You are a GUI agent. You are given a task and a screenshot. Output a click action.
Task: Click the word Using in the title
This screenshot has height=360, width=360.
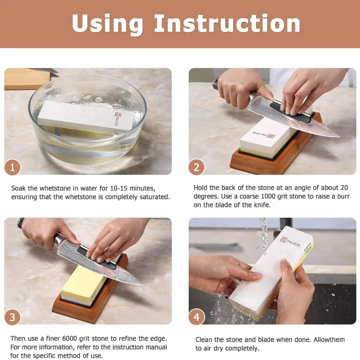[x=107, y=24]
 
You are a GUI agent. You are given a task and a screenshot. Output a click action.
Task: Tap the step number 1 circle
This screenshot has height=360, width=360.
[x=12, y=167]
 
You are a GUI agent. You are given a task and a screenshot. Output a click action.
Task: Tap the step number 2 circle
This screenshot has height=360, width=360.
[x=197, y=167]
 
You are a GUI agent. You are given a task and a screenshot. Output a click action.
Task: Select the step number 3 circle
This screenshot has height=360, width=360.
[x=12, y=317]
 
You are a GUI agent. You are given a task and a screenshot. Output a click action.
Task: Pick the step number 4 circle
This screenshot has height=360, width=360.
[x=197, y=317]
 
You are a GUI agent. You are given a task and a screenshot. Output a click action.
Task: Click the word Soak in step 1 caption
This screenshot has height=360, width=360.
[x=18, y=188]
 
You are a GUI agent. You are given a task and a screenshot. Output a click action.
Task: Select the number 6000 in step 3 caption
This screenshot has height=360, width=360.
[x=70, y=339]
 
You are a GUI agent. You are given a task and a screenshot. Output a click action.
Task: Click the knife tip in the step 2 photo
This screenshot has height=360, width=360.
[x=339, y=136]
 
